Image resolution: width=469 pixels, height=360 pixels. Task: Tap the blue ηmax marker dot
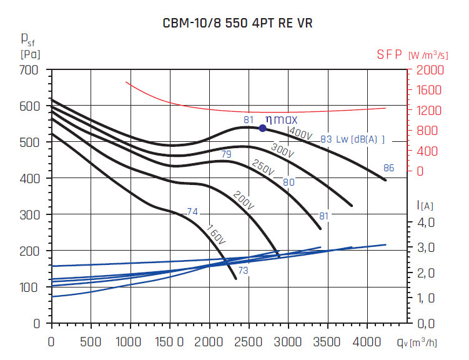pyautogui.click(x=262, y=128)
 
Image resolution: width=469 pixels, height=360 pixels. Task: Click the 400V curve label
pyautogui.click(x=300, y=134)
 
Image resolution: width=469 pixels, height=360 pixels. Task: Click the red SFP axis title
pyautogui.click(x=390, y=54)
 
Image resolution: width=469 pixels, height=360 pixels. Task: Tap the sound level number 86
pyautogui.click(x=388, y=167)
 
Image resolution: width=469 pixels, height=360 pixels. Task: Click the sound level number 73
pyautogui.click(x=243, y=270)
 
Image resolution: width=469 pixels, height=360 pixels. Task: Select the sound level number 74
pyautogui.click(x=192, y=212)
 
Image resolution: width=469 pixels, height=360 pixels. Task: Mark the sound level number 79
pyautogui.click(x=226, y=154)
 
